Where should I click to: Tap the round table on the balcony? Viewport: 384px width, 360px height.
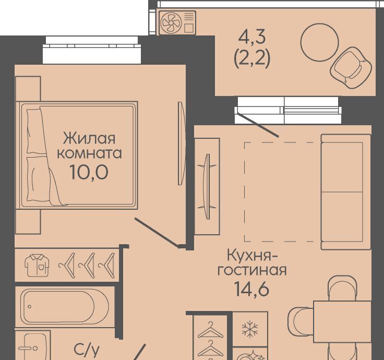[x=320, y=42]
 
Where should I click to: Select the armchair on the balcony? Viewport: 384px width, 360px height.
[x=351, y=68]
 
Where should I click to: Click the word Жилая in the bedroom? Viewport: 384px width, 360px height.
[x=89, y=138]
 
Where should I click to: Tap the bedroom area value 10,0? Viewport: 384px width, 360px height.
[x=89, y=172]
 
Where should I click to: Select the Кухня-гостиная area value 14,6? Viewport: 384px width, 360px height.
[x=252, y=289]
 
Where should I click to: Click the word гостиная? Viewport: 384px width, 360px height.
[x=252, y=270]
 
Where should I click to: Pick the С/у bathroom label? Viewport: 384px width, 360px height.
[x=87, y=351]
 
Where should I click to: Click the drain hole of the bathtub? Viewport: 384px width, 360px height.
[x=30, y=306]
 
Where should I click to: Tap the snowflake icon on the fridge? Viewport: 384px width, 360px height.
[x=250, y=329]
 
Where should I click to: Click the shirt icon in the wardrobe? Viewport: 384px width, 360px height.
[x=37, y=265]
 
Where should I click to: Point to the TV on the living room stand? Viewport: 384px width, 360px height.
[x=207, y=187]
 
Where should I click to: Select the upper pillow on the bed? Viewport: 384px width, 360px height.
[x=36, y=131]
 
